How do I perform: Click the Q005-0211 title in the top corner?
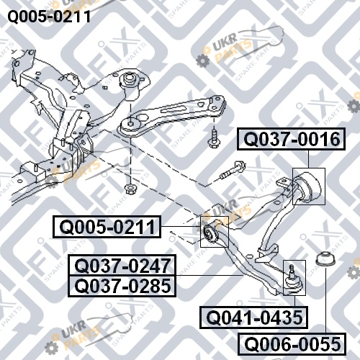49,17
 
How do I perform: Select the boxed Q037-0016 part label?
291,139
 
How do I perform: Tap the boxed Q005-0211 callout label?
107,227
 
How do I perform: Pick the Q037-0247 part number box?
122,266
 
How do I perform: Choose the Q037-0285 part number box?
122,286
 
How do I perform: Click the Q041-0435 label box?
254,318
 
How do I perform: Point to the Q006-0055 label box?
292,344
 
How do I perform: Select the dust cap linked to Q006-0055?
325,258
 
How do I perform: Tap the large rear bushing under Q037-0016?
308,186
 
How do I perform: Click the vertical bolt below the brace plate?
213,139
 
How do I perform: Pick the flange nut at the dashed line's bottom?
130,189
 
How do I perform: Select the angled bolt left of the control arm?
232,171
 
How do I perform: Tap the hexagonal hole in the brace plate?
142,118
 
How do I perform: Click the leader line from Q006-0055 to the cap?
325,300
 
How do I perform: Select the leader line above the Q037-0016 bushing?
308,159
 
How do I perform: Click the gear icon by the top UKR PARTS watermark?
203,61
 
